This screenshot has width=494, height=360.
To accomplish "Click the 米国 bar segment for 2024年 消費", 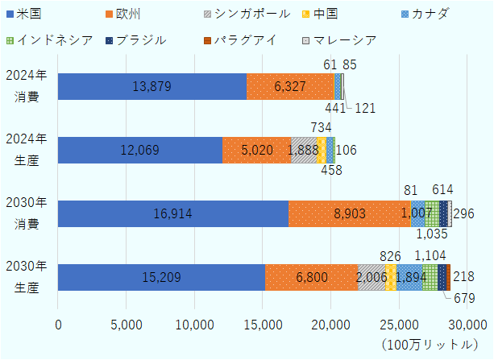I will pyautogui.click(x=152, y=86).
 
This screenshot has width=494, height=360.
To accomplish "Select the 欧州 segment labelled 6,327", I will pyautogui.click(x=289, y=86).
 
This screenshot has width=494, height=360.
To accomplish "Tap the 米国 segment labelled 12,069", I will pyautogui.click(x=140, y=150).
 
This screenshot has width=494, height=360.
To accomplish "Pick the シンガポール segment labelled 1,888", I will pyautogui.click(x=304, y=150).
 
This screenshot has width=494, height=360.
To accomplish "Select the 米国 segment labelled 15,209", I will pyautogui.click(x=161, y=277).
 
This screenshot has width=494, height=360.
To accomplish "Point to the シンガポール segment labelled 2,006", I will pyautogui.click(x=372, y=277).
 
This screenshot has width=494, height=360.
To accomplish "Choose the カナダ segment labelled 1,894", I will pyautogui.click(x=409, y=277).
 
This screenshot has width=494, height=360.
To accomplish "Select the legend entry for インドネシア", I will pyautogui.click(x=48, y=40).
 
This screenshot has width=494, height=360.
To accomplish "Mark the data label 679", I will pyautogui.click(x=463, y=299).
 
